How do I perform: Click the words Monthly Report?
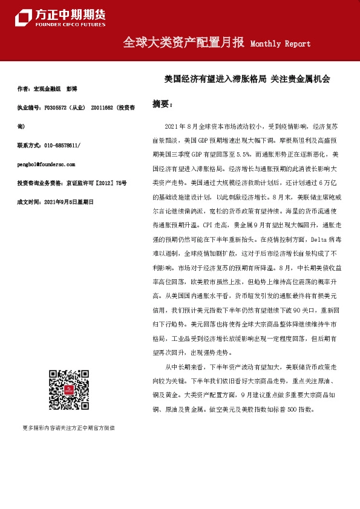point(280,44)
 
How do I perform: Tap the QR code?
point(68,390)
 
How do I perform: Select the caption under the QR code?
point(68,428)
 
